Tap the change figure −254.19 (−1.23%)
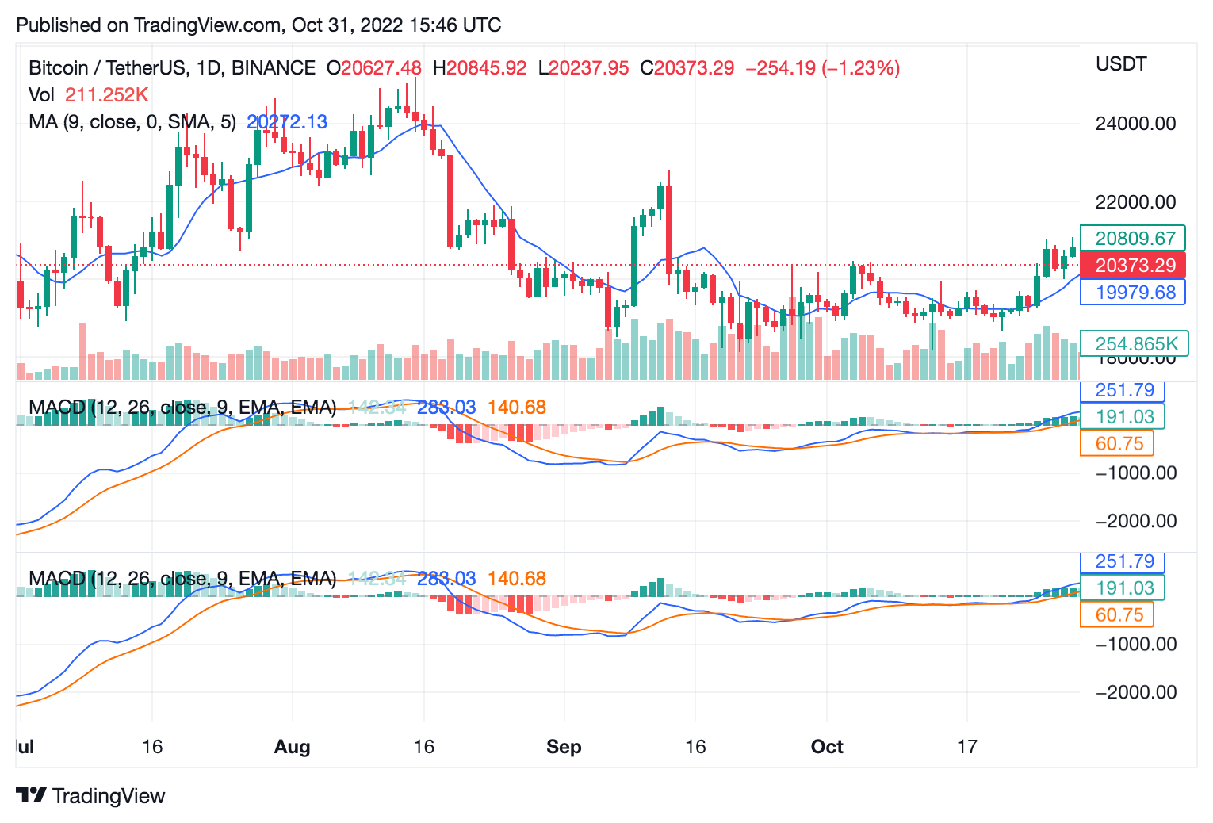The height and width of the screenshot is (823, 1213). tap(822, 68)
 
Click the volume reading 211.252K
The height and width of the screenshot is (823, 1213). tap(107, 95)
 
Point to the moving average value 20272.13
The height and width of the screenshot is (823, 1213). tap(287, 122)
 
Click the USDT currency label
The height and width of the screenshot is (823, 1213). tap(1121, 64)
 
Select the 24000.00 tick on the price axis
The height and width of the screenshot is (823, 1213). tap(1135, 124)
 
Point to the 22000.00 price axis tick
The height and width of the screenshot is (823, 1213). tap(1135, 202)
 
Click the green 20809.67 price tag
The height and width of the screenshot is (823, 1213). tap(1135, 239)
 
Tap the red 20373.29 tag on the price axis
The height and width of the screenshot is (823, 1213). tap(1135, 266)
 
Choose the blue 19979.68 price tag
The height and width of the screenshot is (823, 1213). tap(1135, 293)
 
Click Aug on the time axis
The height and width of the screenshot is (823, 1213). tap(292, 747)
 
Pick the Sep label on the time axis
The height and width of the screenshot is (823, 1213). tap(564, 747)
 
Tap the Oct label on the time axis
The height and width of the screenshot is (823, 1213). tap(827, 747)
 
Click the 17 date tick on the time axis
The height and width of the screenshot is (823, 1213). tap(966, 747)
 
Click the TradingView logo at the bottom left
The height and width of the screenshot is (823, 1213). tap(90, 796)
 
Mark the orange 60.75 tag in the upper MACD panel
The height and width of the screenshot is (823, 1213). tap(1119, 444)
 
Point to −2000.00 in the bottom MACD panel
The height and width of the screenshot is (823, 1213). tap(1135, 692)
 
